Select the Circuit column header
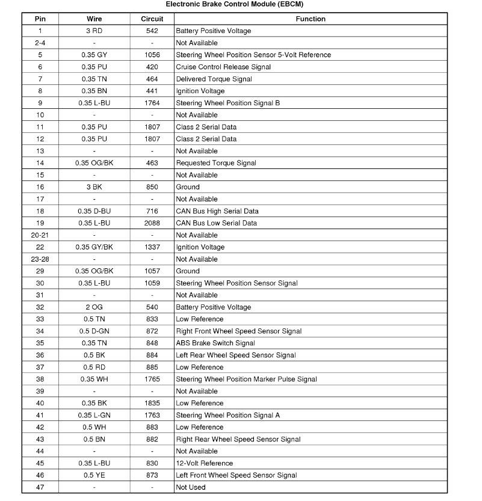[x=152, y=19]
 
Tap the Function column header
[x=311, y=19]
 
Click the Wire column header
[x=94, y=19]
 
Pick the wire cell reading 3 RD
[x=94, y=31]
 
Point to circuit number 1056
[x=152, y=55]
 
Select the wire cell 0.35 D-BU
[x=94, y=211]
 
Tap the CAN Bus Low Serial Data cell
[x=216, y=223]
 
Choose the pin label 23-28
[x=40, y=259]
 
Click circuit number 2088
[x=152, y=223]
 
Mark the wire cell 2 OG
[x=94, y=307]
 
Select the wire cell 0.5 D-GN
[x=94, y=331]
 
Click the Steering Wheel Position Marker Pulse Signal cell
[x=246, y=380]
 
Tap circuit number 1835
[x=152, y=404]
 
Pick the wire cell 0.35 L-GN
[x=94, y=416]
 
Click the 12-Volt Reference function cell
[x=204, y=464]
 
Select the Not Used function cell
[x=191, y=488]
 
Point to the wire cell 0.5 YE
[x=94, y=476]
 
